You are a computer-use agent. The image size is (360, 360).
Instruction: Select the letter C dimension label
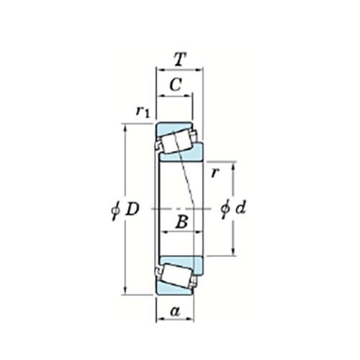click(x=175, y=86)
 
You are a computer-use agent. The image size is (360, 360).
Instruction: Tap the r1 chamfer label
click(x=143, y=111)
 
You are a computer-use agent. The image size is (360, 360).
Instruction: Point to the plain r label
click(x=215, y=173)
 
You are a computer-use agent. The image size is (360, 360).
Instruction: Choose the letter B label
click(x=181, y=223)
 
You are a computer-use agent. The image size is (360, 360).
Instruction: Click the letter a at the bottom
click(x=174, y=311)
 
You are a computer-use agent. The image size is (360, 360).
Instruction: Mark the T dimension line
click(x=180, y=71)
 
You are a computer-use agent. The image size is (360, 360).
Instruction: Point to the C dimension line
click(x=175, y=96)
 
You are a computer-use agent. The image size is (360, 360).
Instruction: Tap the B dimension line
click(x=181, y=233)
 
